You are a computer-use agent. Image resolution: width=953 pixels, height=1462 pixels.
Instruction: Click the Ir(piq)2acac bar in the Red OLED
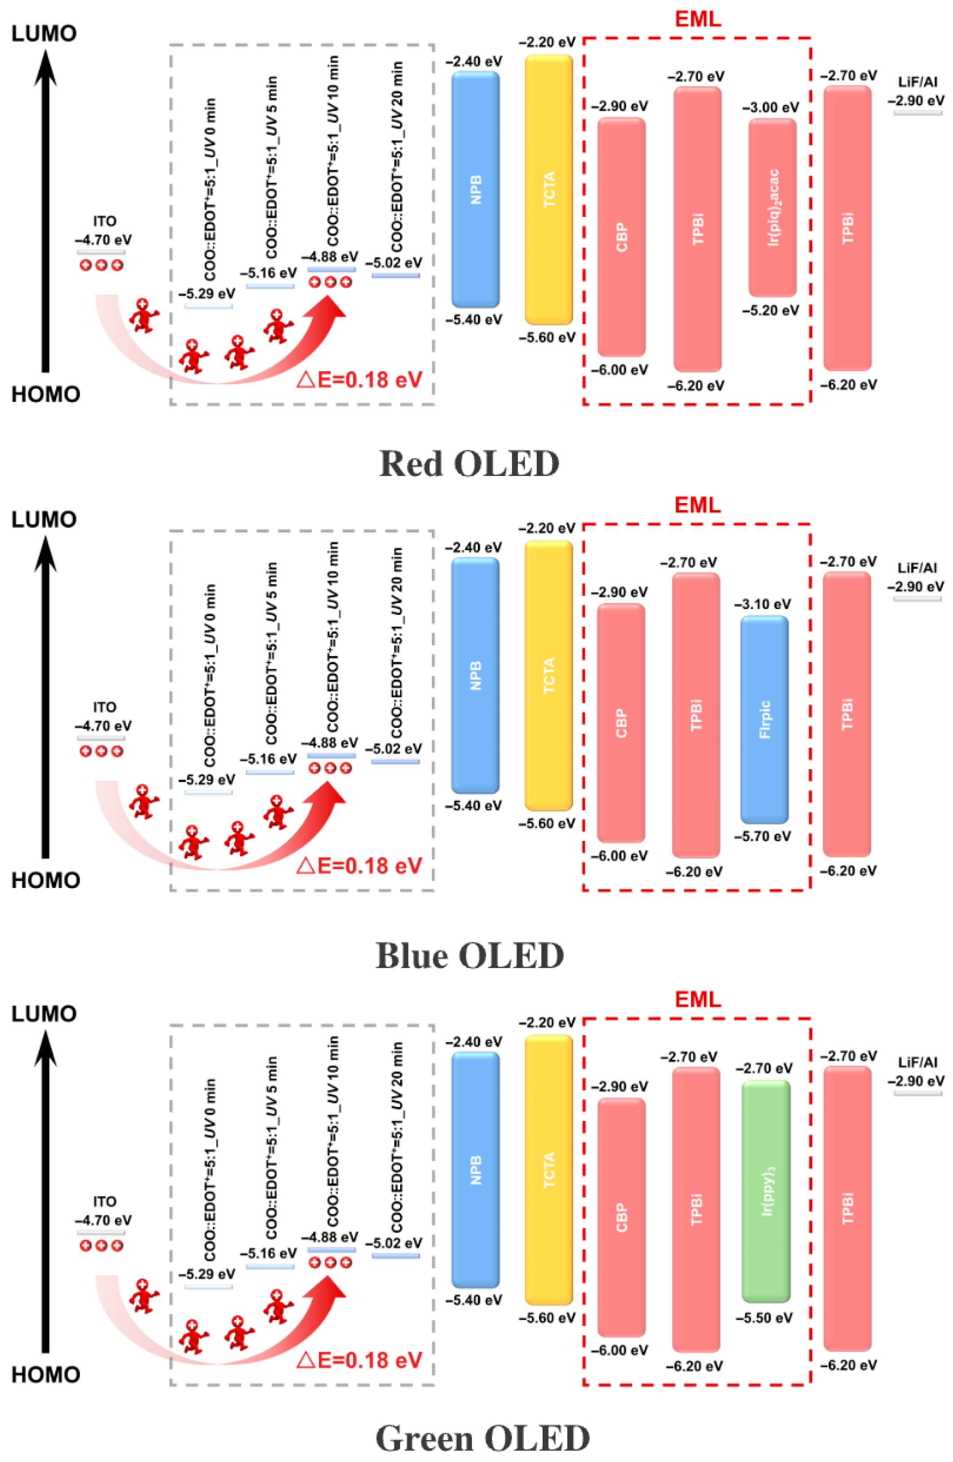click(772, 208)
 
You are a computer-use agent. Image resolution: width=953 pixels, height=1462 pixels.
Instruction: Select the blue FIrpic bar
click(764, 719)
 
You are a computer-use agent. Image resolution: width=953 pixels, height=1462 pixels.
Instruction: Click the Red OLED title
click(469, 464)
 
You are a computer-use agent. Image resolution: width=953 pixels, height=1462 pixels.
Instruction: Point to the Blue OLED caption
click(469, 955)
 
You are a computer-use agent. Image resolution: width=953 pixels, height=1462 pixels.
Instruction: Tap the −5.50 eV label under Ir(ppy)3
click(764, 1318)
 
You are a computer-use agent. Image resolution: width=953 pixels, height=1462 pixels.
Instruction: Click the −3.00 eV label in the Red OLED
click(770, 107)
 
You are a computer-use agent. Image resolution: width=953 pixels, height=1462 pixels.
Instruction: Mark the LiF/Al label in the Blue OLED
click(917, 568)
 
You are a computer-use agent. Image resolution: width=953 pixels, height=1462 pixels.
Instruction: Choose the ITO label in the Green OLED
click(104, 1201)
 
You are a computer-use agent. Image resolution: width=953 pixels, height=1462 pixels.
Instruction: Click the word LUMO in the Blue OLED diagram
click(44, 520)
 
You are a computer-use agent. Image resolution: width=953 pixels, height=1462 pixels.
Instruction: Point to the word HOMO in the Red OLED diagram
click(45, 394)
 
